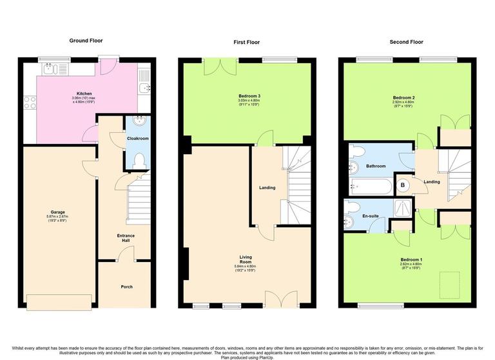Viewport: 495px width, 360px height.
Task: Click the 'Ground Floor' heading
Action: (87, 41)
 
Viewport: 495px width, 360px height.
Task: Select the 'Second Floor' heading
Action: (406, 41)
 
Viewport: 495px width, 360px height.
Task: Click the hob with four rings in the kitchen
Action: (30, 101)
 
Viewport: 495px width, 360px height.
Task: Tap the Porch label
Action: (127, 286)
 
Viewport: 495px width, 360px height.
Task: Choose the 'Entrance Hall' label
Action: (126, 239)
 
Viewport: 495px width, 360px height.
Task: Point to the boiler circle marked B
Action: (403, 185)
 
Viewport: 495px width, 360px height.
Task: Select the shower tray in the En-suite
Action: (401, 209)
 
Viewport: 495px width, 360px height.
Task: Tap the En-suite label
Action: (370, 216)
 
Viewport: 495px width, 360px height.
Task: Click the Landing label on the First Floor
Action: (267, 188)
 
